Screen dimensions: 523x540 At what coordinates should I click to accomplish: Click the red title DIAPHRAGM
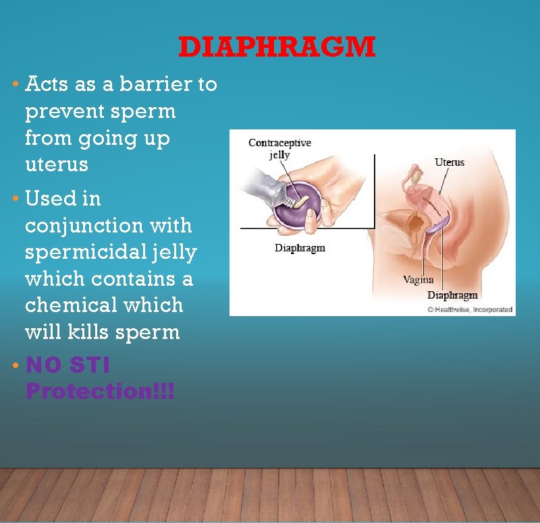tap(277, 47)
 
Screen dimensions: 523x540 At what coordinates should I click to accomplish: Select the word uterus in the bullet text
tap(57, 164)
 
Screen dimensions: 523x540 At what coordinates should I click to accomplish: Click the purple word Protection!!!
tap(100, 392)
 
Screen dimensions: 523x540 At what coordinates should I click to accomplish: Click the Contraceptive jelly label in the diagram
tap(279, 149)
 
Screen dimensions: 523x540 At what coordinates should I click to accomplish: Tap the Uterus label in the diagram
tap(450, 162)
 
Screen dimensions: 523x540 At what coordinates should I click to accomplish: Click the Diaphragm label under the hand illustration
tap(300, 248)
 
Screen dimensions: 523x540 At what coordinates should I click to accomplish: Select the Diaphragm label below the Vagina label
tap(452, 295)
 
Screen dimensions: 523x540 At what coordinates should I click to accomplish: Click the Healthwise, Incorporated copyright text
tap(470, 310)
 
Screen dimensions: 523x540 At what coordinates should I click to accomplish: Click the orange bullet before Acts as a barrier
tap(16, 85)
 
